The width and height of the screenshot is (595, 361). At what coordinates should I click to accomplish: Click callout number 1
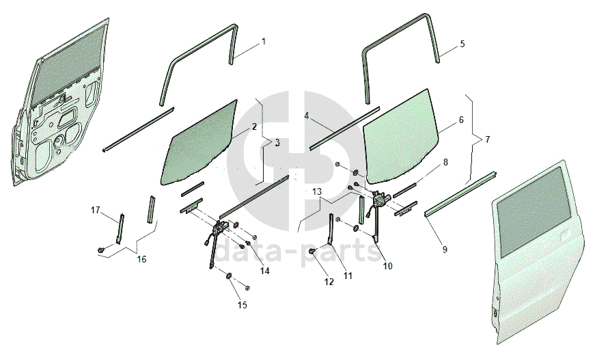pyautogui.click(x=264, y=42)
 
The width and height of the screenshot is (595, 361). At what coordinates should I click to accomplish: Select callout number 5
pyautogui.click(x=462, y=44)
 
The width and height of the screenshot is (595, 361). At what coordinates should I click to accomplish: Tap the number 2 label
pyautogui.click(x=254, y=126)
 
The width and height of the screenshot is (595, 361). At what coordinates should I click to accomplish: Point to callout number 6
pyautogui.click(x=461, y=120)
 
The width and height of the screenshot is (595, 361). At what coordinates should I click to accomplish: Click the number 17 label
pyautogui.click(x=95, y=210)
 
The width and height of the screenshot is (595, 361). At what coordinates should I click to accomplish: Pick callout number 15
pyautogui.click(x=243, y=305)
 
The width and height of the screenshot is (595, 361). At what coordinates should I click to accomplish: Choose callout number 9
pyautogui.click(x=445, y=249)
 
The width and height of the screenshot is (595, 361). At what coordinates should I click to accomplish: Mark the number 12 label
pyautogui.click(x=329, y=282)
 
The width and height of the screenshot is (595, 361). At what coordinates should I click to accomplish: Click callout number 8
pyautogui.click(x=445, y=162)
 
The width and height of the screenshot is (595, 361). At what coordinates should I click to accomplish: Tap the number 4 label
pyautogui.click(x=307, y=116)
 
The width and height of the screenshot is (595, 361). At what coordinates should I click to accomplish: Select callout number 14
pyautogui.click(x=264, y=271)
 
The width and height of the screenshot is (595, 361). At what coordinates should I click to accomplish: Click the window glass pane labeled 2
pyautogui.click(x=199, y=142)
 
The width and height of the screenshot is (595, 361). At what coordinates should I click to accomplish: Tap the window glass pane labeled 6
pyautogui.click(x=401, y=136)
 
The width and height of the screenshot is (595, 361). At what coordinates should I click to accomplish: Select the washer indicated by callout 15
pyautogui.click(x=230, y=276)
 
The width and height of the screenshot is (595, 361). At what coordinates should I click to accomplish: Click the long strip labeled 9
pyautogui.click(x=460, y=194)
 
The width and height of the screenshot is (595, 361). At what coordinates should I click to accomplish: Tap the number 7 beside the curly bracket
pyautogui.click(x=487, y=139)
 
